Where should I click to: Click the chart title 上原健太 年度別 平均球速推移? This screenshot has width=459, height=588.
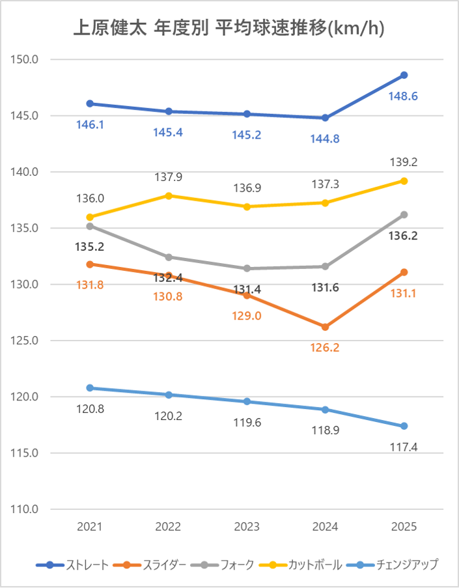pos(229,28)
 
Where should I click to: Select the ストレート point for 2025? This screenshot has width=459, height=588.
pos(404,75)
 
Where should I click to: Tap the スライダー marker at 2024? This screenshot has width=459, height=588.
pos(325,327)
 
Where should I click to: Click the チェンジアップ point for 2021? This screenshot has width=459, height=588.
pos(90,388)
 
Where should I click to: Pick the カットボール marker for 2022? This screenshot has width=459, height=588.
pos(168,195)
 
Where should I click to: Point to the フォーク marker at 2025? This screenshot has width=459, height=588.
pos(404,215)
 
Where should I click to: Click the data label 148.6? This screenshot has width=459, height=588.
pos(404,96)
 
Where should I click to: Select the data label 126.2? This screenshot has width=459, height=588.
pos(326,348)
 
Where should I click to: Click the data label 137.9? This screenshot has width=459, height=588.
pos(168,176)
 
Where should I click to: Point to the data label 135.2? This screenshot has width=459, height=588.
pos(90,247)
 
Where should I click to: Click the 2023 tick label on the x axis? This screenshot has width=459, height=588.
pos(247,527)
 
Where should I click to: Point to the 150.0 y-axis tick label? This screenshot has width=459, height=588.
pos(25,60)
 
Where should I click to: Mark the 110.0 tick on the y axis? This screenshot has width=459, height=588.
pos(25,509)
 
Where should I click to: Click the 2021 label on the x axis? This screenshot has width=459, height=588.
pos(90,527)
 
